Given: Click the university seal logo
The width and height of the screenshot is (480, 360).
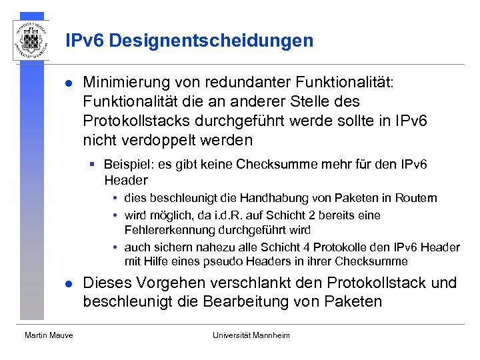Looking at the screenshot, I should click(x=31, y=39).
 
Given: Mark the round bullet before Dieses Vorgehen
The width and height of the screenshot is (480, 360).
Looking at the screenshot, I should click(x=69, y=283).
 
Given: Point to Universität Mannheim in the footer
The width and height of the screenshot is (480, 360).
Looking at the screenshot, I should click(x=251, y=335).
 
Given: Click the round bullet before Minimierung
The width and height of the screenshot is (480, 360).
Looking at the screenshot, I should click(x=69, y=83).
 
